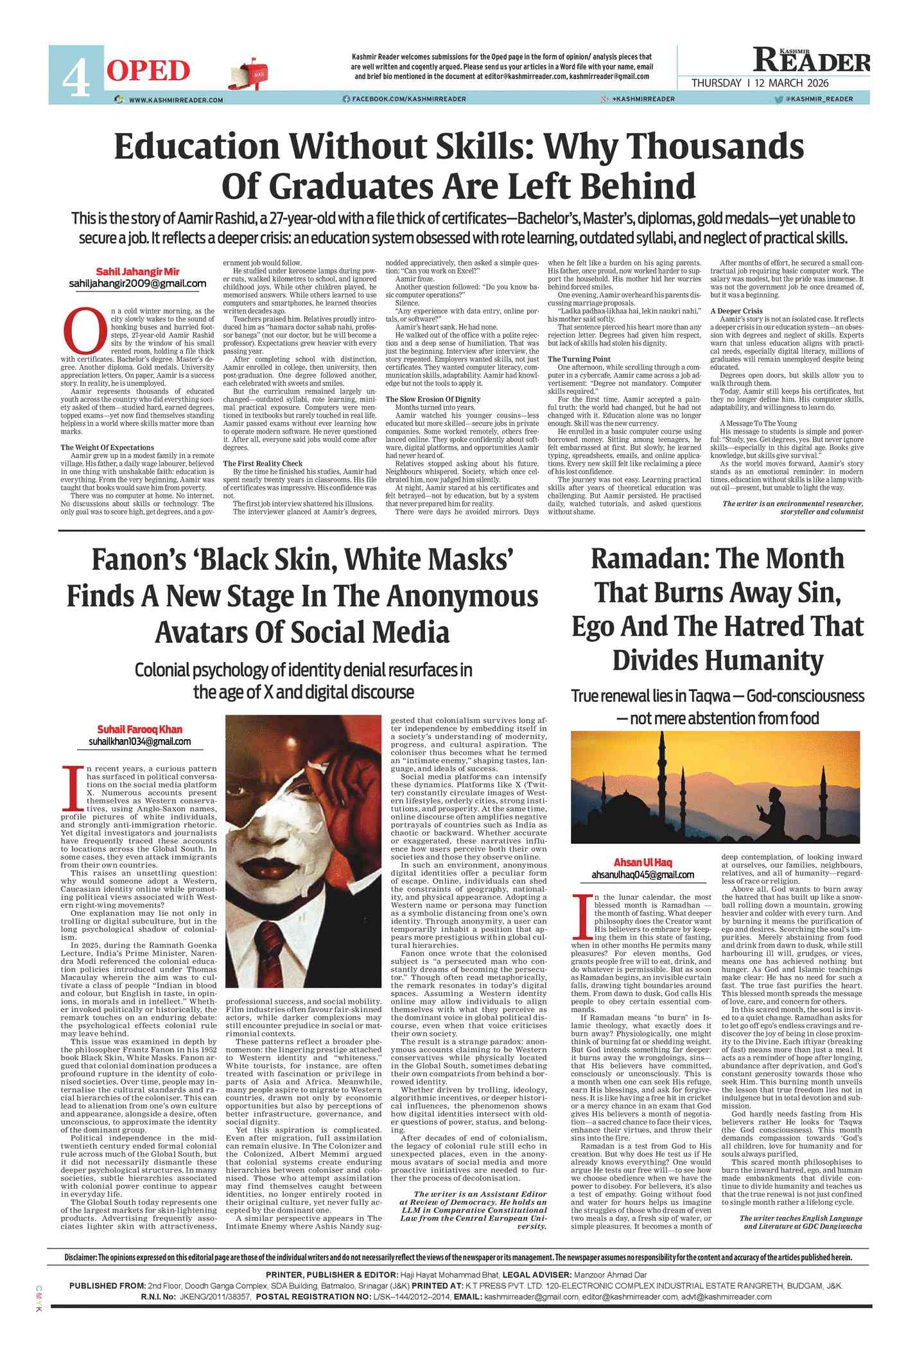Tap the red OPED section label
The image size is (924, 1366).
(148, 71)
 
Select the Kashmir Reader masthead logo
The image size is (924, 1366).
(812, 61)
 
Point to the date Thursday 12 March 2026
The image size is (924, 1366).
(760, 83)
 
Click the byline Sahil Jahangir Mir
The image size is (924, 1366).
(137, 272)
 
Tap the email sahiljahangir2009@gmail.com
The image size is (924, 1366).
(137, 284)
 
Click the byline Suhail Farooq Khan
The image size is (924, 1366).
(139, 729)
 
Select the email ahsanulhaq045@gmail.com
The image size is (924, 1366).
(642, 874)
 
